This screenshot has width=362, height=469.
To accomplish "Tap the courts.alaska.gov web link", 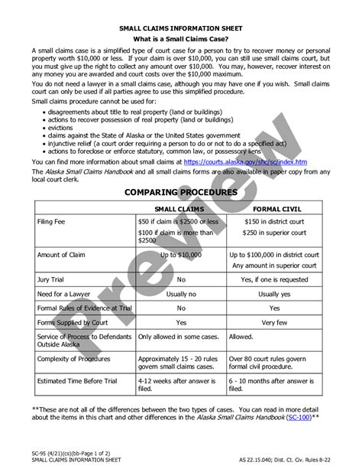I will point(245,162).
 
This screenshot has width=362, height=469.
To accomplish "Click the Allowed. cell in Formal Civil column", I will point(242,336).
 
